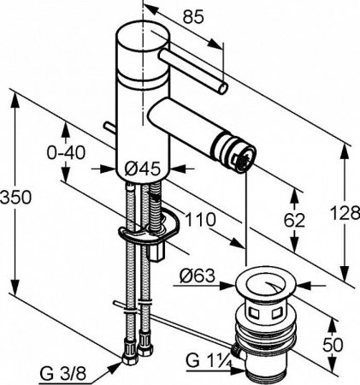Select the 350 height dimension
coord(17,197)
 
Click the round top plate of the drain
coord(274,281)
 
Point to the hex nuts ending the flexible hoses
coord(135,352)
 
